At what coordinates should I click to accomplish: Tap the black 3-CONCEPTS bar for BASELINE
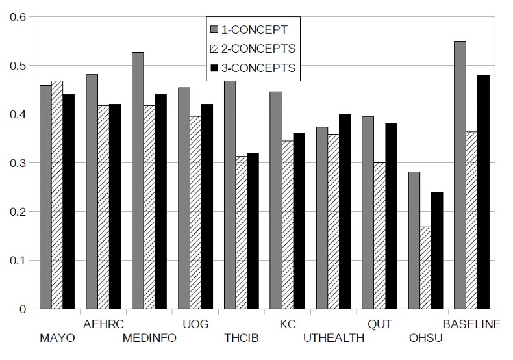tap(483, 192)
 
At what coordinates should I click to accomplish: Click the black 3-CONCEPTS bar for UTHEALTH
tap(345, 211)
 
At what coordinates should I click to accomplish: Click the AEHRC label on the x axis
tap(104, 324)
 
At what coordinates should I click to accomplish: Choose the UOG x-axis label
tap(195, 324)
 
